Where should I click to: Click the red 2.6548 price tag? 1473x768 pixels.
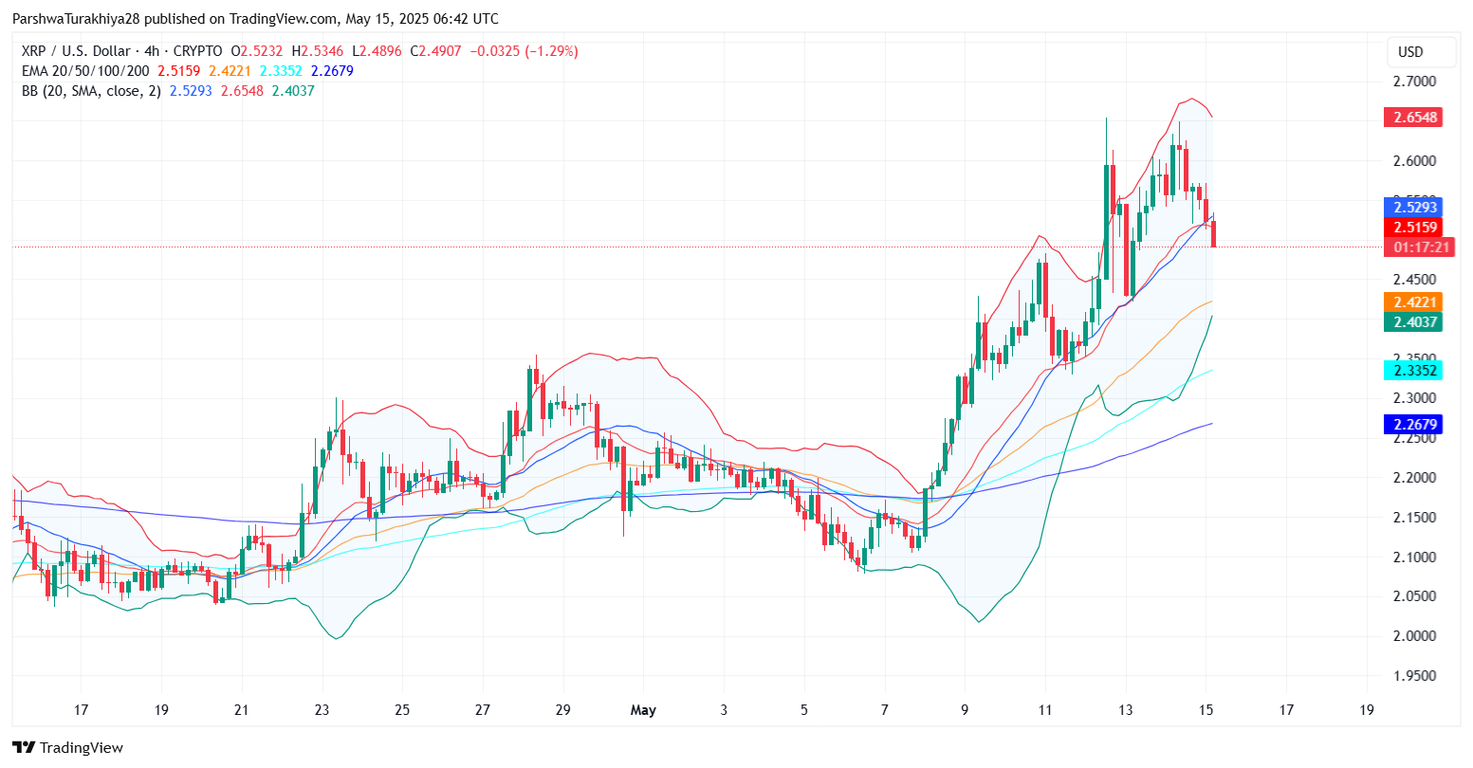click(x=1412, y=118)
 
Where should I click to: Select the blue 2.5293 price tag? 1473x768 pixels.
click(x=1412, y=207)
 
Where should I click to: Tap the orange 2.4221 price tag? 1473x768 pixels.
click(x=1412, y=302)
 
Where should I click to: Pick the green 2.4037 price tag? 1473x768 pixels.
click(x=1412, y=322)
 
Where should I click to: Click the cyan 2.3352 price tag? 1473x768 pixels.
click(x=1412, y=371)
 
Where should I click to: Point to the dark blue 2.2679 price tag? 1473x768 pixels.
click(x=1412, y=425)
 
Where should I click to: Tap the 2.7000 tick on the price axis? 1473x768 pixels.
click(x=1413, y=82)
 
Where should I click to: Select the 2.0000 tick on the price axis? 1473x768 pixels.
click(x=1413, y=636)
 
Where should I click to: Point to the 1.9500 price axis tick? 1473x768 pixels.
click(x=1413, y=676)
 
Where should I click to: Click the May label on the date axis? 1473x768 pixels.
click(x=643, y=710)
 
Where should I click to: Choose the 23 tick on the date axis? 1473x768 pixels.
click(x=322, y=710)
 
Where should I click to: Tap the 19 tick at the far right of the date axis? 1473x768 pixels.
click(x=1367, y=710)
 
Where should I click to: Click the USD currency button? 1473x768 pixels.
click(x=1410, y=52)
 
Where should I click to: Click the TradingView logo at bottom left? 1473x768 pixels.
click(x=67, y=748)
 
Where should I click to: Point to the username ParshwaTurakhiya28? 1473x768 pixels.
click(x=83, y=19)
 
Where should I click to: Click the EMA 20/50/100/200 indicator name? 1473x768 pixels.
click(x=86, y=71)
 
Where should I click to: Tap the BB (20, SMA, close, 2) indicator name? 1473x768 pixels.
click(x=91, y=91)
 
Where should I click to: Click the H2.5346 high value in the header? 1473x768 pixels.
click(x=317, y=51)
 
